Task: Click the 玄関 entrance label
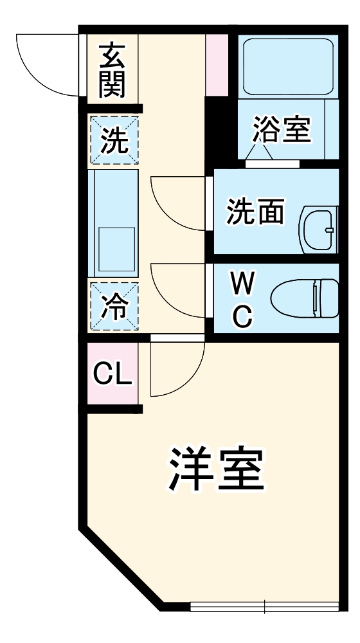[x=112, y=69]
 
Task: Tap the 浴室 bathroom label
[x=282, y=129]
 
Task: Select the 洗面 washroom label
[x=255, y=212]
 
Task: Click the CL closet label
[x=113, y=374]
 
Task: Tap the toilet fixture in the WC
[x=305, y=298]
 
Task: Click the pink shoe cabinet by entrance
[x=216, y=64]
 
